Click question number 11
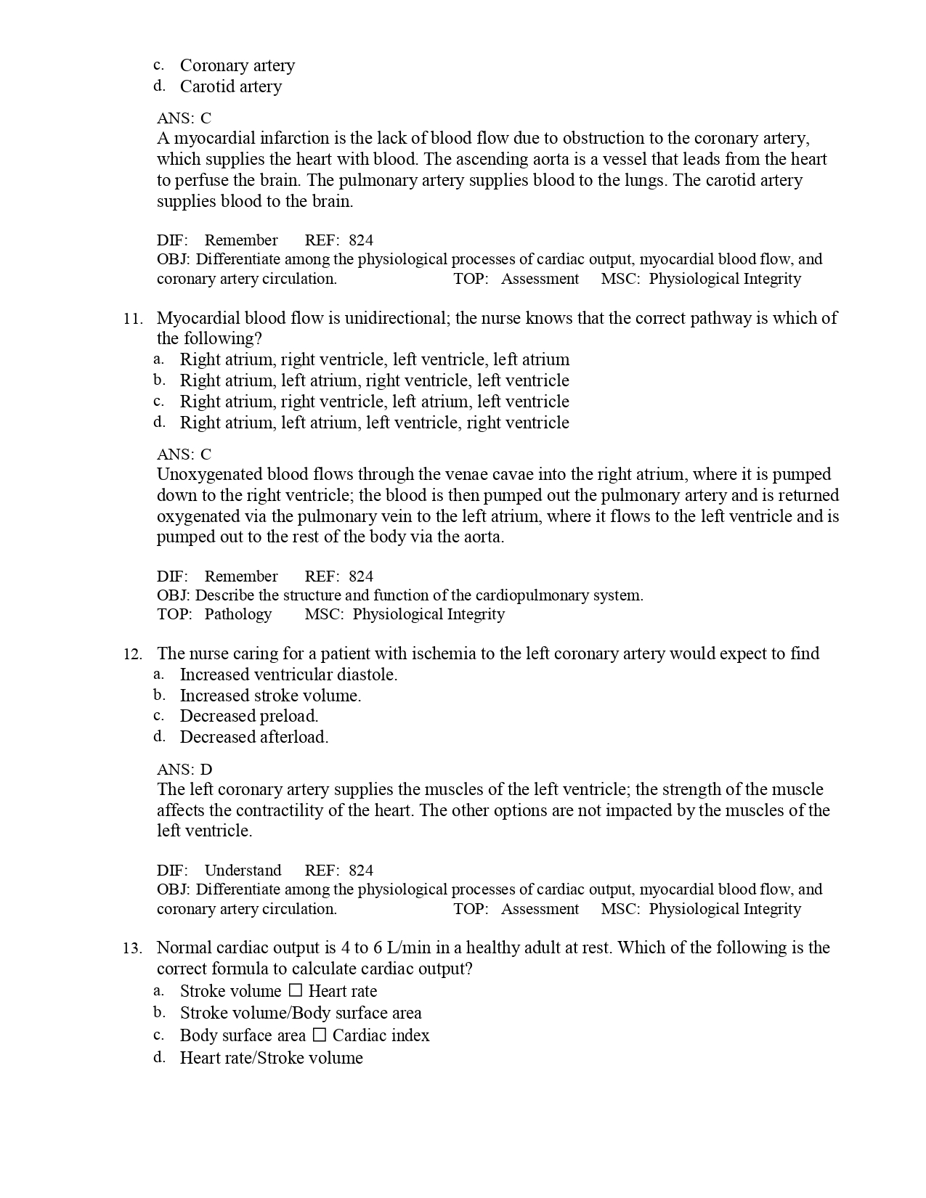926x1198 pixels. point(132,319)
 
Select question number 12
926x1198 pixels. point(132,654)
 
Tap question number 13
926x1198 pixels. point(132,948)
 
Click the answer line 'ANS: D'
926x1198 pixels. point(184,770)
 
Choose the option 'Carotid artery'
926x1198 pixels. point(230,86)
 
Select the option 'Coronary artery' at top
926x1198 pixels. point(237,65)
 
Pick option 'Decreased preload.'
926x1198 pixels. point(248,716)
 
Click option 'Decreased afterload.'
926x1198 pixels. point(253,737)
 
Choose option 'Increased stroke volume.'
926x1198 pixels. point(270,696)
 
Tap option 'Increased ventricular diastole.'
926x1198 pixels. point(288,675)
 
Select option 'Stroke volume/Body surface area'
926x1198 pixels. point(301,1013)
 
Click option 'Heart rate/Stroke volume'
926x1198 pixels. point(271,1058)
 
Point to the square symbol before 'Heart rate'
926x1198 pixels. point(295,990)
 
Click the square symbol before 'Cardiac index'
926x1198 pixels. point(319,1035)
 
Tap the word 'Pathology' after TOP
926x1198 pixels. point(237,614)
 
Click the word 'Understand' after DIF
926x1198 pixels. point(243,871)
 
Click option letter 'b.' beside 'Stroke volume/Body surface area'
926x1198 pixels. point(159,1012)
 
